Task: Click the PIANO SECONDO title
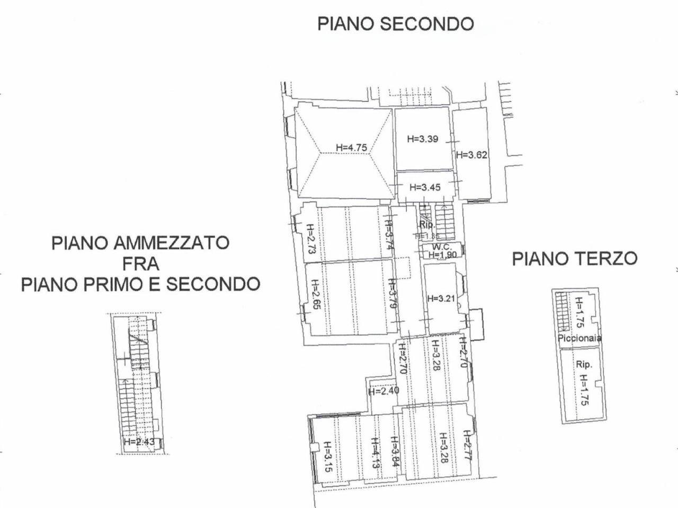[x=395, y=24]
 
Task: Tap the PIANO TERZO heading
[x=575, y=259]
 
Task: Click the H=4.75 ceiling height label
[x=351, y=147]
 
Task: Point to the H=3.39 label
[x=423, y=139]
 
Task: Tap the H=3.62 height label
[x=471, y=155]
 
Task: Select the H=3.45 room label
[x=425, y=187]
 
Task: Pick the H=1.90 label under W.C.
[x=443, y=255]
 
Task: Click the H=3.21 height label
[x=441, y=298]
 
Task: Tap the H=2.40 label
[x=383, y=392]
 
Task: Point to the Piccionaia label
[x=579, y=338]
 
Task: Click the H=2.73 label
[x=310, y=240]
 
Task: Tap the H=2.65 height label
[x=315, y=298]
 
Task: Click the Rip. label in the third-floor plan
[x=584, y=365]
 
